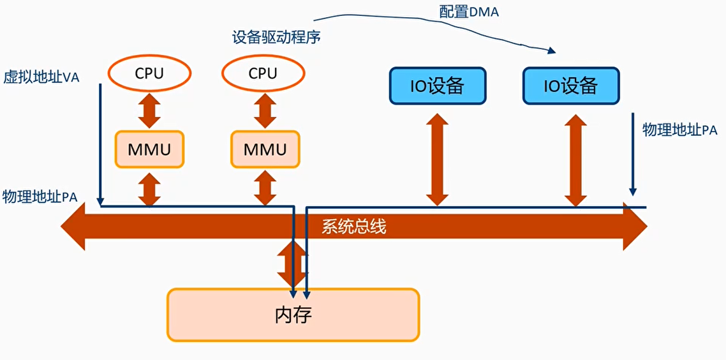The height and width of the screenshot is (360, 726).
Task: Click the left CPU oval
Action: click(x=149, y=73)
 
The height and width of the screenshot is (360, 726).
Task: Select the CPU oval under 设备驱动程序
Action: click(x=262, y=73)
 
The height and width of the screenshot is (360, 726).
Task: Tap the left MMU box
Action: click(x=149, y=150)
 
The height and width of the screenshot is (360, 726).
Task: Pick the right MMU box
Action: click(x=264, y=150)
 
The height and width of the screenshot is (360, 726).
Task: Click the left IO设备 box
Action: click(x=437, y=86)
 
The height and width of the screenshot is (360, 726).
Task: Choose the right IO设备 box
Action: click(x=570, y=86)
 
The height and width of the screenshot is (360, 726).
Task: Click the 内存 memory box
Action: click(x=293, y=315)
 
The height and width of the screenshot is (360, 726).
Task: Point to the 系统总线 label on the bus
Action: click(x=353, y=227)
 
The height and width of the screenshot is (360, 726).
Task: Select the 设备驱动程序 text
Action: click(x=276, y=38)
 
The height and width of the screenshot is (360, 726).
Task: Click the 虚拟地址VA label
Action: click(x=40, y=77)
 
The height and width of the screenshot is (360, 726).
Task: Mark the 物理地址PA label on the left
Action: click(x=40, y=197)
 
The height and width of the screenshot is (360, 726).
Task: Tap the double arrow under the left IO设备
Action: click(x=437, y=159)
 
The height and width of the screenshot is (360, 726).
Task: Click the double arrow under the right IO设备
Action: click(x=576, y=159)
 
